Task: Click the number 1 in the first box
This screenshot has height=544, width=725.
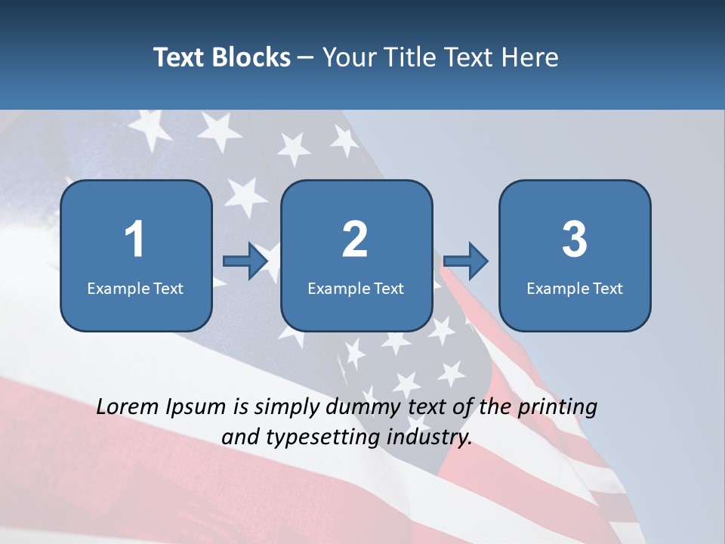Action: click(x=135, y=240)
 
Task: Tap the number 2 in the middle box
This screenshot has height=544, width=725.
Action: click(x=355, y=240)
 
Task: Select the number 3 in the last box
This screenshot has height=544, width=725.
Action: click(x=575, y=240)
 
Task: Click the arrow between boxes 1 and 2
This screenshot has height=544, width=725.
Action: click(x=245, y=261)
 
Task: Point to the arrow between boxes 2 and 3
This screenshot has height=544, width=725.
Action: click(x=466, y=261)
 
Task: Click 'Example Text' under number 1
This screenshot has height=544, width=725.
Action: click(x=135, y=288)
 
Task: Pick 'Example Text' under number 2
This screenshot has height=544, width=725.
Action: click(x=356, y=288)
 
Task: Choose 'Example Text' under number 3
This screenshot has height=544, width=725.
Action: click(x=575, y=288)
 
